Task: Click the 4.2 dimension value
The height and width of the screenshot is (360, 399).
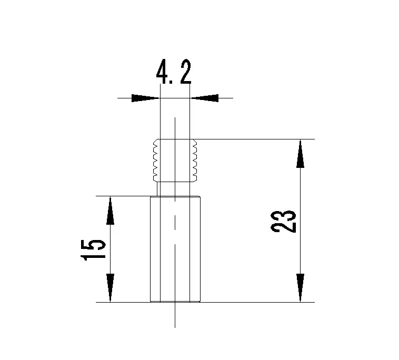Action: [x=174, y=72]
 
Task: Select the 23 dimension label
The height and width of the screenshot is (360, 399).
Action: [x=284, y=222]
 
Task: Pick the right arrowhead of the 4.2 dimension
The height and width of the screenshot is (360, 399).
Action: [x=205, y=98]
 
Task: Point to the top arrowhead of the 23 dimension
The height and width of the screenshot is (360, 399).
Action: [x=300, y=154]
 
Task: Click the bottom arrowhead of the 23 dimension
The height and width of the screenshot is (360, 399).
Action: [x=300, y=288]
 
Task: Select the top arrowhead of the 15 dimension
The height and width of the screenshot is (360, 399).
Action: [x=110, y=211]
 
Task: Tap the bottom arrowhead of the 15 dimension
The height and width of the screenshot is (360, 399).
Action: [x=110, y=288]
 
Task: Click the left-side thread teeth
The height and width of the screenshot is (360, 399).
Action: [x=155, y=161]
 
